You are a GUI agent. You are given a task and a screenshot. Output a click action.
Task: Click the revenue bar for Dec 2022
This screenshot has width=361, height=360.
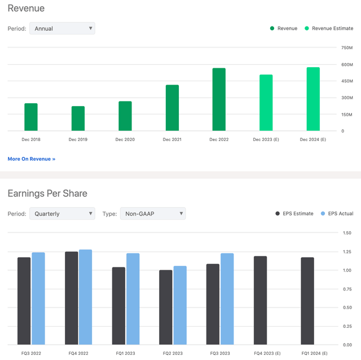[x=219, y=100]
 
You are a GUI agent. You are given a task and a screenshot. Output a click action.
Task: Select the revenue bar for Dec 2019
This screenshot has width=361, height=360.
[x=78, y=118]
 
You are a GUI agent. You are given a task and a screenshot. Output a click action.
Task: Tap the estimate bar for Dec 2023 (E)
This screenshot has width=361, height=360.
[x=266, y=103]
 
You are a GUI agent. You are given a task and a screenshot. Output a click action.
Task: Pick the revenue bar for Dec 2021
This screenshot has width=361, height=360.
[x=172, y=108]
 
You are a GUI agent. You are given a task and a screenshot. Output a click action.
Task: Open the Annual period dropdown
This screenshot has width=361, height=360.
[x=62, y=28]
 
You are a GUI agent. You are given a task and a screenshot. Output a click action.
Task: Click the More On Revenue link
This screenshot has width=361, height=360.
[x=32, y=159]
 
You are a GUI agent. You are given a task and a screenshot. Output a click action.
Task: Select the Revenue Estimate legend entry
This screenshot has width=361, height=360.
[x=329, y=28]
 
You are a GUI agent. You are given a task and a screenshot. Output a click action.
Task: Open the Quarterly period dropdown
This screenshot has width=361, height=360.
[x=62, y=214]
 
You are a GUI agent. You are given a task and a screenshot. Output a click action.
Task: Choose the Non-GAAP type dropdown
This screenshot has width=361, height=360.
[x=152, y=214]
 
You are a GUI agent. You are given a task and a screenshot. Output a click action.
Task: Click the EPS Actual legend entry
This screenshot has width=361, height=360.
[x=337, y=214]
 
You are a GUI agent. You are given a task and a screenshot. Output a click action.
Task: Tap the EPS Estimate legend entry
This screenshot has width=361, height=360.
[x=294, y=214]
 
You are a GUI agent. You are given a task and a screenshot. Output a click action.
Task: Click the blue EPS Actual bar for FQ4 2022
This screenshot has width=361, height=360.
[x=85, y=297]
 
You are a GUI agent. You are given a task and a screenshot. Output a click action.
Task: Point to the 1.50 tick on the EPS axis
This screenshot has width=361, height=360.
[x=347, y=233]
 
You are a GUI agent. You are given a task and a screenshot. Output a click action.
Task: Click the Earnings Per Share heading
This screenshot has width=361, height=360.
[x=47, y=194]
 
